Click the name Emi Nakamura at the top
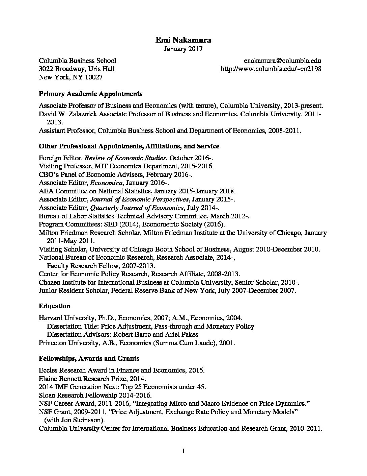pos(183,40)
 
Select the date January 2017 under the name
pos(183,49)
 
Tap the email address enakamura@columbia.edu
pos(282,61)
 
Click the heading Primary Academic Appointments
pos(90,94)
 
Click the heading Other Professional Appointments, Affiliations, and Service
pos(129,146)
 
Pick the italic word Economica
pos(106,183)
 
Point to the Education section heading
pos(54,306)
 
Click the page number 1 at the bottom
pos(183,451)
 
